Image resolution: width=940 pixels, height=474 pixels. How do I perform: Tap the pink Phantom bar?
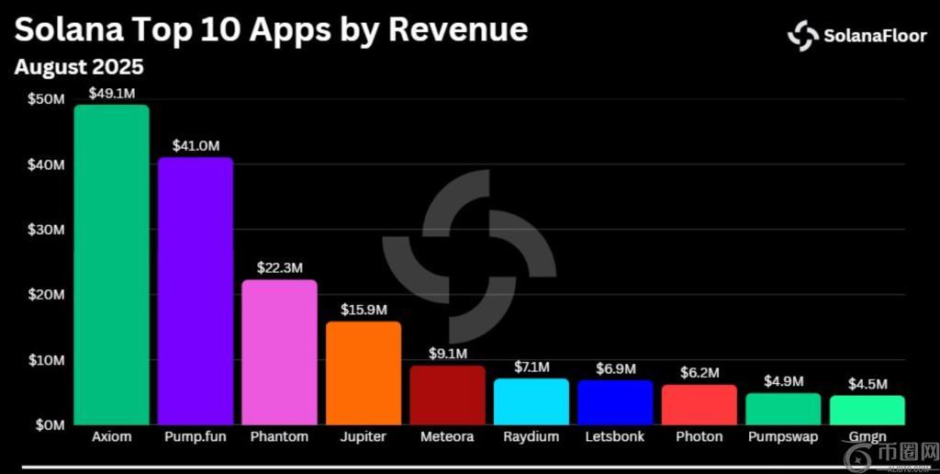tap(279, 352)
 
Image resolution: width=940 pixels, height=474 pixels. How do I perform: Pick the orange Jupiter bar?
tap(364, 373)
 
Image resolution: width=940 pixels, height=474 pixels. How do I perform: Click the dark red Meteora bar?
tap(447, 395)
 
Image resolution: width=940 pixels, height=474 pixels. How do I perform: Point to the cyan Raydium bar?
tap(532, 401)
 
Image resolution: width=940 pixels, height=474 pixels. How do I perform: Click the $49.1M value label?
tap(111, 93)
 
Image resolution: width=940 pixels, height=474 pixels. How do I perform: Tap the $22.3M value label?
tap(279, 268)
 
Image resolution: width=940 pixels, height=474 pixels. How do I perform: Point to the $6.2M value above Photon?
tap(699, 373)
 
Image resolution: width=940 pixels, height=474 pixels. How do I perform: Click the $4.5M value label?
tap(867, 384)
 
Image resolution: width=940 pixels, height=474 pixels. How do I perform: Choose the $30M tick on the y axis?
tap(46, 230)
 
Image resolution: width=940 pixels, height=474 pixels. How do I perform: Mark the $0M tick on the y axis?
tap(50, 425)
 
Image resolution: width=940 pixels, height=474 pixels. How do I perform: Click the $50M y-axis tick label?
tap(46, 99)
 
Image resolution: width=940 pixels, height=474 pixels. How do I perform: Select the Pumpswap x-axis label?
tap(783, 437)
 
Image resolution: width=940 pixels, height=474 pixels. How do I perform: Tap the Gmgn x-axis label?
tap(867, 438)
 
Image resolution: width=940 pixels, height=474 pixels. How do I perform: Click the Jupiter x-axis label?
tap(364, 438)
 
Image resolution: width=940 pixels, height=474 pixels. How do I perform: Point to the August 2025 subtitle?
tap(79, 67)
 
